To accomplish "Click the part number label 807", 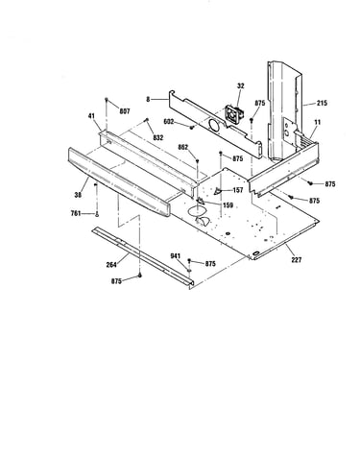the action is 125,111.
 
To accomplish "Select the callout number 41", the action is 91,116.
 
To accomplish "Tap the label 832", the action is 157,137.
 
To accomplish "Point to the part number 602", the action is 168,122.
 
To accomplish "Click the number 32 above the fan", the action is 241,85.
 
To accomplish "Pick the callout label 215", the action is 322,103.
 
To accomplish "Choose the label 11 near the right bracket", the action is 317,122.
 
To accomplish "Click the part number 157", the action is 238,190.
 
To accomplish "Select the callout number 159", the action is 228,205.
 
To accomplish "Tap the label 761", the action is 76,213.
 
